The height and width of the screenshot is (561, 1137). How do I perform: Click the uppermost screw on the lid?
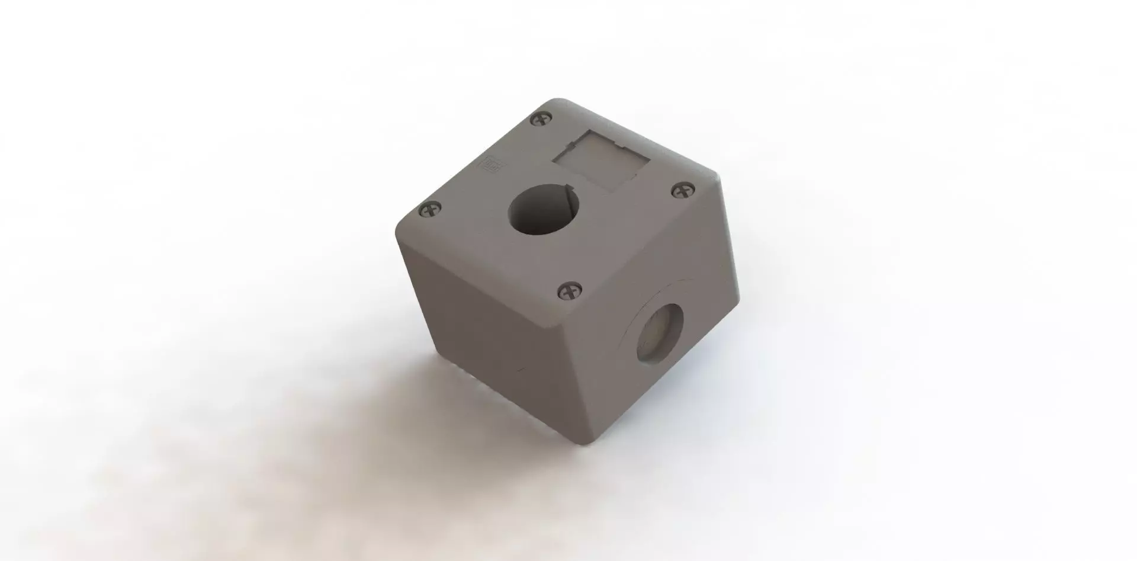pyautogui.click(x=541, y=120)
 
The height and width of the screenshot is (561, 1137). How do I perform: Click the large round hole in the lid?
pyautogui.click(x=544, y=213)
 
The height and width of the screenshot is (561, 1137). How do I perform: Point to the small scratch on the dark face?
pyautogui.click(x=521, y=370)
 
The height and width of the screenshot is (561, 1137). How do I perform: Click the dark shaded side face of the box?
pyautogui.click(x=503, y=350)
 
